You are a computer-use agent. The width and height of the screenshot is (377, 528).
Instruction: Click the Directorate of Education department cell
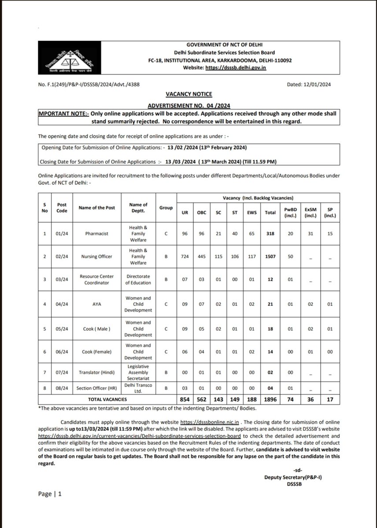tap(137, 280)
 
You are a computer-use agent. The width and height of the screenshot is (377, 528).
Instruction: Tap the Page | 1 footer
tap(50, 494)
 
